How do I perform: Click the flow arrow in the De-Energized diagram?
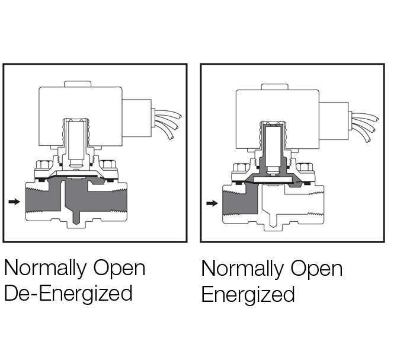15,202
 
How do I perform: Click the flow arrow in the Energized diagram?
212,204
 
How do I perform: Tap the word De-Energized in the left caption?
68,293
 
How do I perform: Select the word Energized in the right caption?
248,294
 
